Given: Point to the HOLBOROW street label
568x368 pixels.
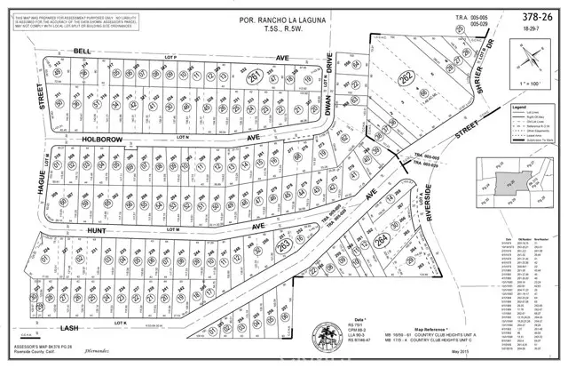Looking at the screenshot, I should tap(90, 138).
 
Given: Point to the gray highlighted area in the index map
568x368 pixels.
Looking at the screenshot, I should tap(509, 183).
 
